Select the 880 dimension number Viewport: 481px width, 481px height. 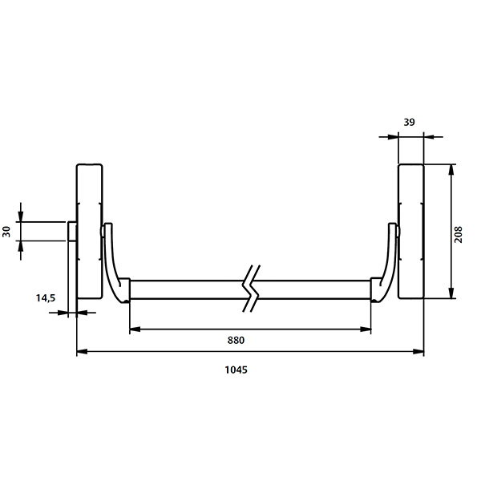(x=235, y=340)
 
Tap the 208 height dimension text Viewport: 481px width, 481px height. (x=459, y=232)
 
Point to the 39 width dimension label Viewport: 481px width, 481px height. (x=409, y=122)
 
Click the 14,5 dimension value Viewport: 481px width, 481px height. (x=45, y=298)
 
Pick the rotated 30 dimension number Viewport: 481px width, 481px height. (x=7, y=231)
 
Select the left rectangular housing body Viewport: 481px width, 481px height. (x=89, y=232)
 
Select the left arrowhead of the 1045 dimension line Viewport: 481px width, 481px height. (x=81, y=351)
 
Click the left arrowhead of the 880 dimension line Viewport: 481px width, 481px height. (x=134, y=329)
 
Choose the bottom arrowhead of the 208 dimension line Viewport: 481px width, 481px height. (x=453, y=295)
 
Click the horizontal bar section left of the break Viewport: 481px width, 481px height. (x=188, y=289)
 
